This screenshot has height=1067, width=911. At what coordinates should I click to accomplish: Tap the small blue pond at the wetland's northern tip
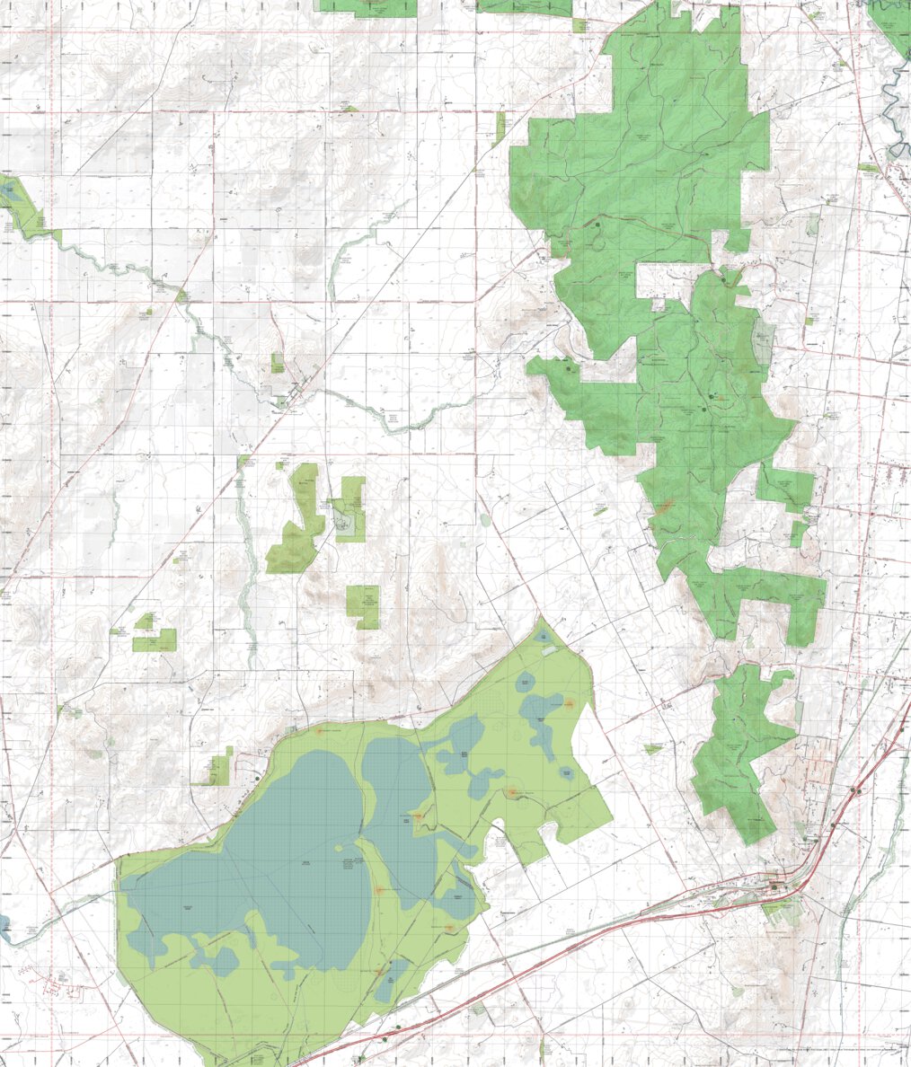pos(544,636)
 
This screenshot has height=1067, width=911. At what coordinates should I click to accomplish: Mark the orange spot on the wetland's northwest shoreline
pos(319,730)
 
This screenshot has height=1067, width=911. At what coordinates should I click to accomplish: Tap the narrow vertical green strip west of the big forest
pos(500,128)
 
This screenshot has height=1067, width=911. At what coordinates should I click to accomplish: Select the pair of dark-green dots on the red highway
pos(855,791)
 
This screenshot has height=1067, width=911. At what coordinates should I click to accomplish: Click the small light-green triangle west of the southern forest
pos(654,747)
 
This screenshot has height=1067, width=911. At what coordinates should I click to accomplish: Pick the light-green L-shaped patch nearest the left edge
pos(154,639)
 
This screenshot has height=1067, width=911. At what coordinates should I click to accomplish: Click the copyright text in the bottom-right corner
pos(840,1049)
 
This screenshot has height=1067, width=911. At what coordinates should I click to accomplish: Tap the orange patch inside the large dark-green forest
pos(664,507)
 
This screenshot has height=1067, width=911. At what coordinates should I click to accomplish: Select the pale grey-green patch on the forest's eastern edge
pos(764,341)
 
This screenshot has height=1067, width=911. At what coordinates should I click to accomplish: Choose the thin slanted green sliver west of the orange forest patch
pos(600,510)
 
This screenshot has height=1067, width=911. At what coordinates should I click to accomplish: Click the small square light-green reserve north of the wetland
pos(363,606)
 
